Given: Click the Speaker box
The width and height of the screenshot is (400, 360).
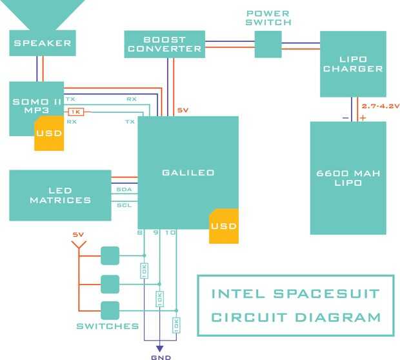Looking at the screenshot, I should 43,44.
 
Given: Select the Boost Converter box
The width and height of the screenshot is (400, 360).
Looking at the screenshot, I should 165,44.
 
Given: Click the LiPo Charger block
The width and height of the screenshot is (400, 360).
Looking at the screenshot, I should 353,64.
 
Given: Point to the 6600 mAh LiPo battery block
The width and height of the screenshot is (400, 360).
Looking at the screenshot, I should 348,177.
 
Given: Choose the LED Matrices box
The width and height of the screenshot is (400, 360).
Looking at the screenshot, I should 60,195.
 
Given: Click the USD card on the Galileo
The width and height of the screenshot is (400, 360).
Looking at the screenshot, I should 223,226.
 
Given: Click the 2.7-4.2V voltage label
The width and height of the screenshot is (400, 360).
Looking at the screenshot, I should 381,105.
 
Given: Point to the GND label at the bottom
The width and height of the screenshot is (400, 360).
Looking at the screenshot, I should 159,355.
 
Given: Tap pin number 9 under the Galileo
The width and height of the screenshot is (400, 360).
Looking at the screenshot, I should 155,232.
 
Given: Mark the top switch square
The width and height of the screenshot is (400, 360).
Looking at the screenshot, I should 110,256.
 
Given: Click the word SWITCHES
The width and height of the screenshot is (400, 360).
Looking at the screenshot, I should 107,326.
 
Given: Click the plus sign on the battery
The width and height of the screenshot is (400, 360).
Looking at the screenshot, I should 363,117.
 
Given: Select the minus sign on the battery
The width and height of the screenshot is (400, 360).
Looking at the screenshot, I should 346,117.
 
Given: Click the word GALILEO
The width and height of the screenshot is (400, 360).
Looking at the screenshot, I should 188,172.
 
